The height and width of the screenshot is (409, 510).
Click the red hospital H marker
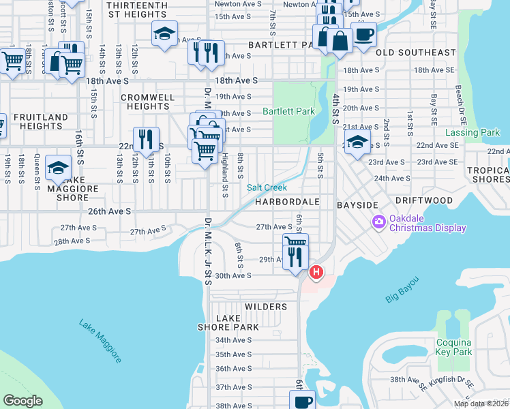point(316,273)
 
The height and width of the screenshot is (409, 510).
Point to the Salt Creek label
point(267,187)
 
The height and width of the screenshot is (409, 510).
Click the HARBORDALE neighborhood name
point(288,202)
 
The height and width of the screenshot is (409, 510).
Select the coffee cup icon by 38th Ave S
point(302,401)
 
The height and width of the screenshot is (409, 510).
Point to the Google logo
point(22,401)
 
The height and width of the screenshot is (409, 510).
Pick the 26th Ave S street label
point(108,211)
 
